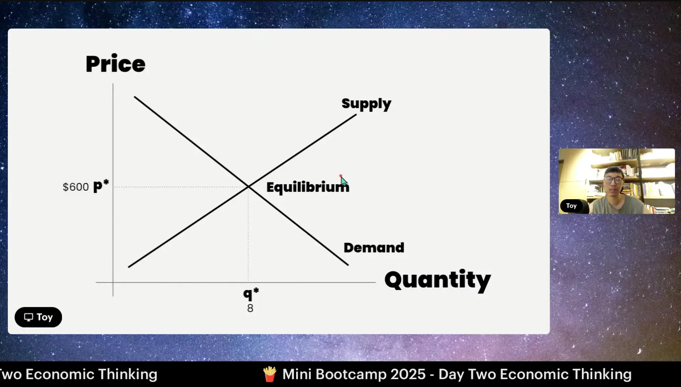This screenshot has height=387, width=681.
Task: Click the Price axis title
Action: (x=116, y=64)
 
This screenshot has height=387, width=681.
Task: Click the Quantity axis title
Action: (x=437, y=280)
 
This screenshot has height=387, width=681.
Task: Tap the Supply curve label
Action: (x=366, y=104)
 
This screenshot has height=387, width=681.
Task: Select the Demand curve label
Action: (x=374, y=248)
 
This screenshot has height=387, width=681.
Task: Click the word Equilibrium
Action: (x=308, y=187)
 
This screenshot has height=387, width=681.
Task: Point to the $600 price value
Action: (x=76, y=187)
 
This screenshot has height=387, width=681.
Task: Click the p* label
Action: (x=101, y=186)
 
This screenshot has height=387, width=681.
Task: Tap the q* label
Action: (x=251, y=294)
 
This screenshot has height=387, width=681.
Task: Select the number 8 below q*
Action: (x=250, y=308)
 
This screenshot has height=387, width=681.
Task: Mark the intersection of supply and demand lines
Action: (x=249, y=187)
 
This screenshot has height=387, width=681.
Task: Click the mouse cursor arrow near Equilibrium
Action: (x=343, y=180)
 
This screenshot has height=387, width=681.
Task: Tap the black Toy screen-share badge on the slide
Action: (x=38, y=317)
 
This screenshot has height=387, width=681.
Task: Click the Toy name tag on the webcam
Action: (x=571, y=206)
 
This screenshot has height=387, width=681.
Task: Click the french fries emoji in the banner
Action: (x=270, y=374)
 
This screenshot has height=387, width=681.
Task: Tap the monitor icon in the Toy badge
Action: (x=29, y=317)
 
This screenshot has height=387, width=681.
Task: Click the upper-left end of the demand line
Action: (x=134, y=97)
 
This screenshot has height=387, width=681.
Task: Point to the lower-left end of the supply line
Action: (x=128, y=267)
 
